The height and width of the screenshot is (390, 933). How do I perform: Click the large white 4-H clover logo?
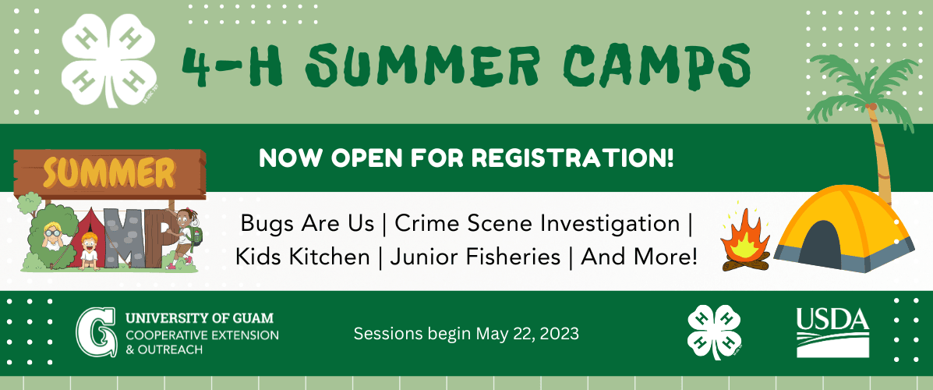pyautogui.click(x=109, y=59)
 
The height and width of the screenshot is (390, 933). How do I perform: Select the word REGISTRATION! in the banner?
pyautogui.click(x=568, y=158)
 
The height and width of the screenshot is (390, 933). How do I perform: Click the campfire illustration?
pyautogui.click(x=744, y=240)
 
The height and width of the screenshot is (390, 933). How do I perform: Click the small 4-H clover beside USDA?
pyautogui.click(x=715, y=331)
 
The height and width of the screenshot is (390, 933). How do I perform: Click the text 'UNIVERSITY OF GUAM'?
pyautogui.click(x=200, y=317)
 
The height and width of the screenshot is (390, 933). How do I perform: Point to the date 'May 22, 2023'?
pyautogui.click(x=528, y=333)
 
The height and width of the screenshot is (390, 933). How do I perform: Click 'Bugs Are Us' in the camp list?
pyautogui.click(x=307, y=225)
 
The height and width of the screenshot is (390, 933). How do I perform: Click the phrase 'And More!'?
pyautogui.click(x=638, y=257)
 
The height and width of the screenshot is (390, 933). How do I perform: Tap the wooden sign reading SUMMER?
pyautogui.click(x=110, y=174)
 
